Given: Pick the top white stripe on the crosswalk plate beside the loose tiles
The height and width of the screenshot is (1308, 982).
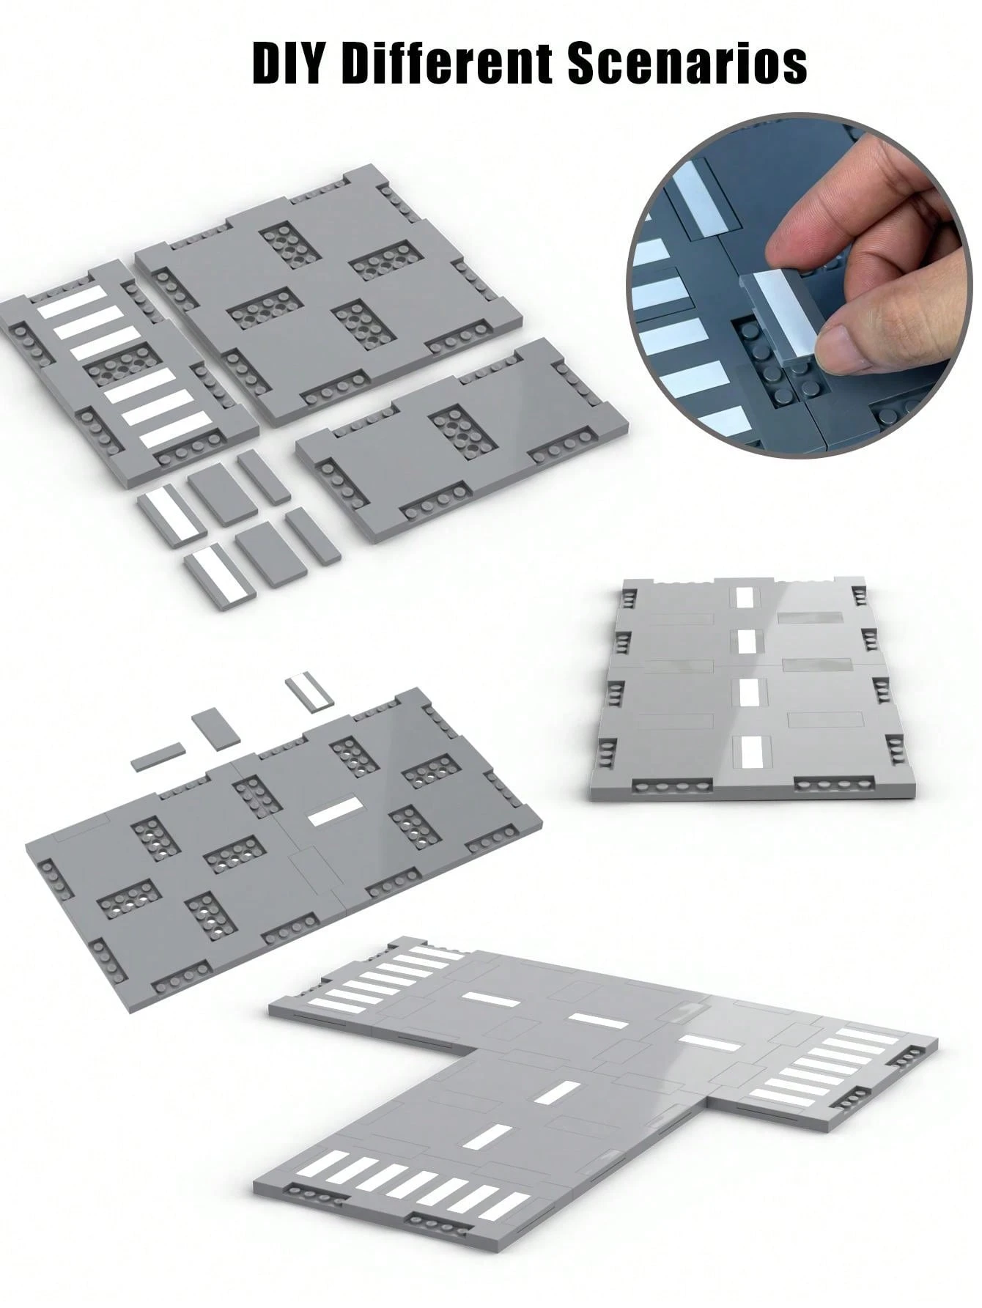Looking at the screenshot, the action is pyautogui.click(x=71, y=302).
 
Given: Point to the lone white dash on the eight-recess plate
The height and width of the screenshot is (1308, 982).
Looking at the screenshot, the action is pyautogui.click(x=335, y=811).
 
